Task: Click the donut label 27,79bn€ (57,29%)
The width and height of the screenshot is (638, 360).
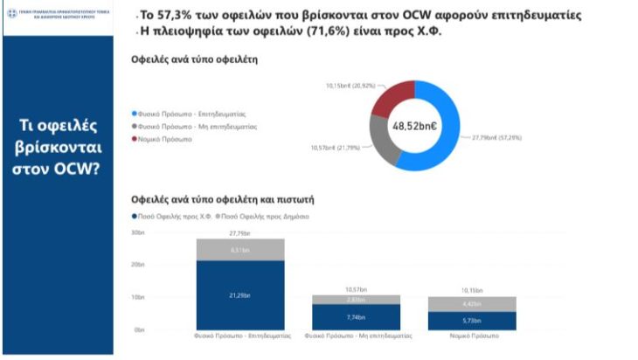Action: click(496, 137)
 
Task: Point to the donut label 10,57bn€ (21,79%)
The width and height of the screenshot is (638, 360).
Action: click(335, 147)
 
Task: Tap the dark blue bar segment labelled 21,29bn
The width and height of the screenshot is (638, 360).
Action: click(239, 295)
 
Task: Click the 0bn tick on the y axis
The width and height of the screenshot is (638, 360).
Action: click(139, 329)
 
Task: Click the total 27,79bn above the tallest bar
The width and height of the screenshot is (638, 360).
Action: click(239, 233)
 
